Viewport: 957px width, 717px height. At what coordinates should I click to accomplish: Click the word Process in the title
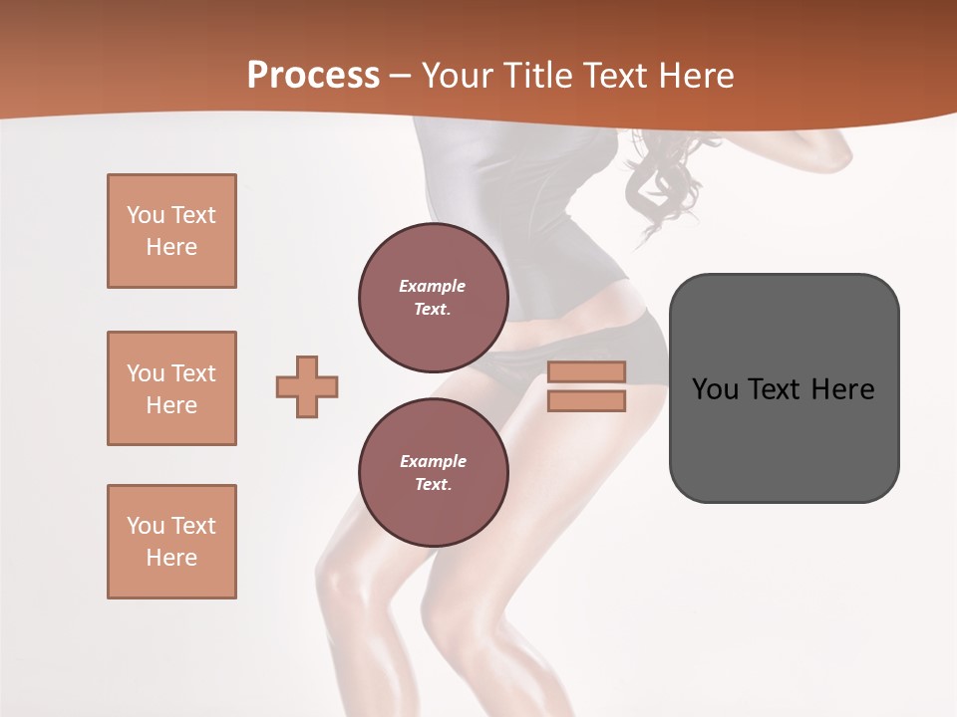pos(313,76)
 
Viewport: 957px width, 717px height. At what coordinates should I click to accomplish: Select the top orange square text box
pos(171,231)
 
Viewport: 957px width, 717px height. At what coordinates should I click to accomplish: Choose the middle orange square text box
pos(171,388)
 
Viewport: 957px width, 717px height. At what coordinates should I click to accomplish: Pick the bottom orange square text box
pos(171,542)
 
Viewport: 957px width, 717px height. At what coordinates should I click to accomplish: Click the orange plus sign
pos(307,386)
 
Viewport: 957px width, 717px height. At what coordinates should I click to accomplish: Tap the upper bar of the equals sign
pos(587,371)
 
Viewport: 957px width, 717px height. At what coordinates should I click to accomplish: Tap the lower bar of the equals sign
pos(587,400)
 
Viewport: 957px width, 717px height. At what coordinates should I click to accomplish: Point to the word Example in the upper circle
pos(433,286)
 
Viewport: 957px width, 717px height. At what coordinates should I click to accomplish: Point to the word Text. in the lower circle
pos(433,485)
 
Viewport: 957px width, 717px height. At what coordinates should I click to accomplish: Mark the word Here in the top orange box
pos(171,247)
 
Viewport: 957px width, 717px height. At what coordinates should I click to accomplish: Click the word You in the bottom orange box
pos(146,526)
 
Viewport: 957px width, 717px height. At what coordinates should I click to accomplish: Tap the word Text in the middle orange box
pos(192,373)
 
